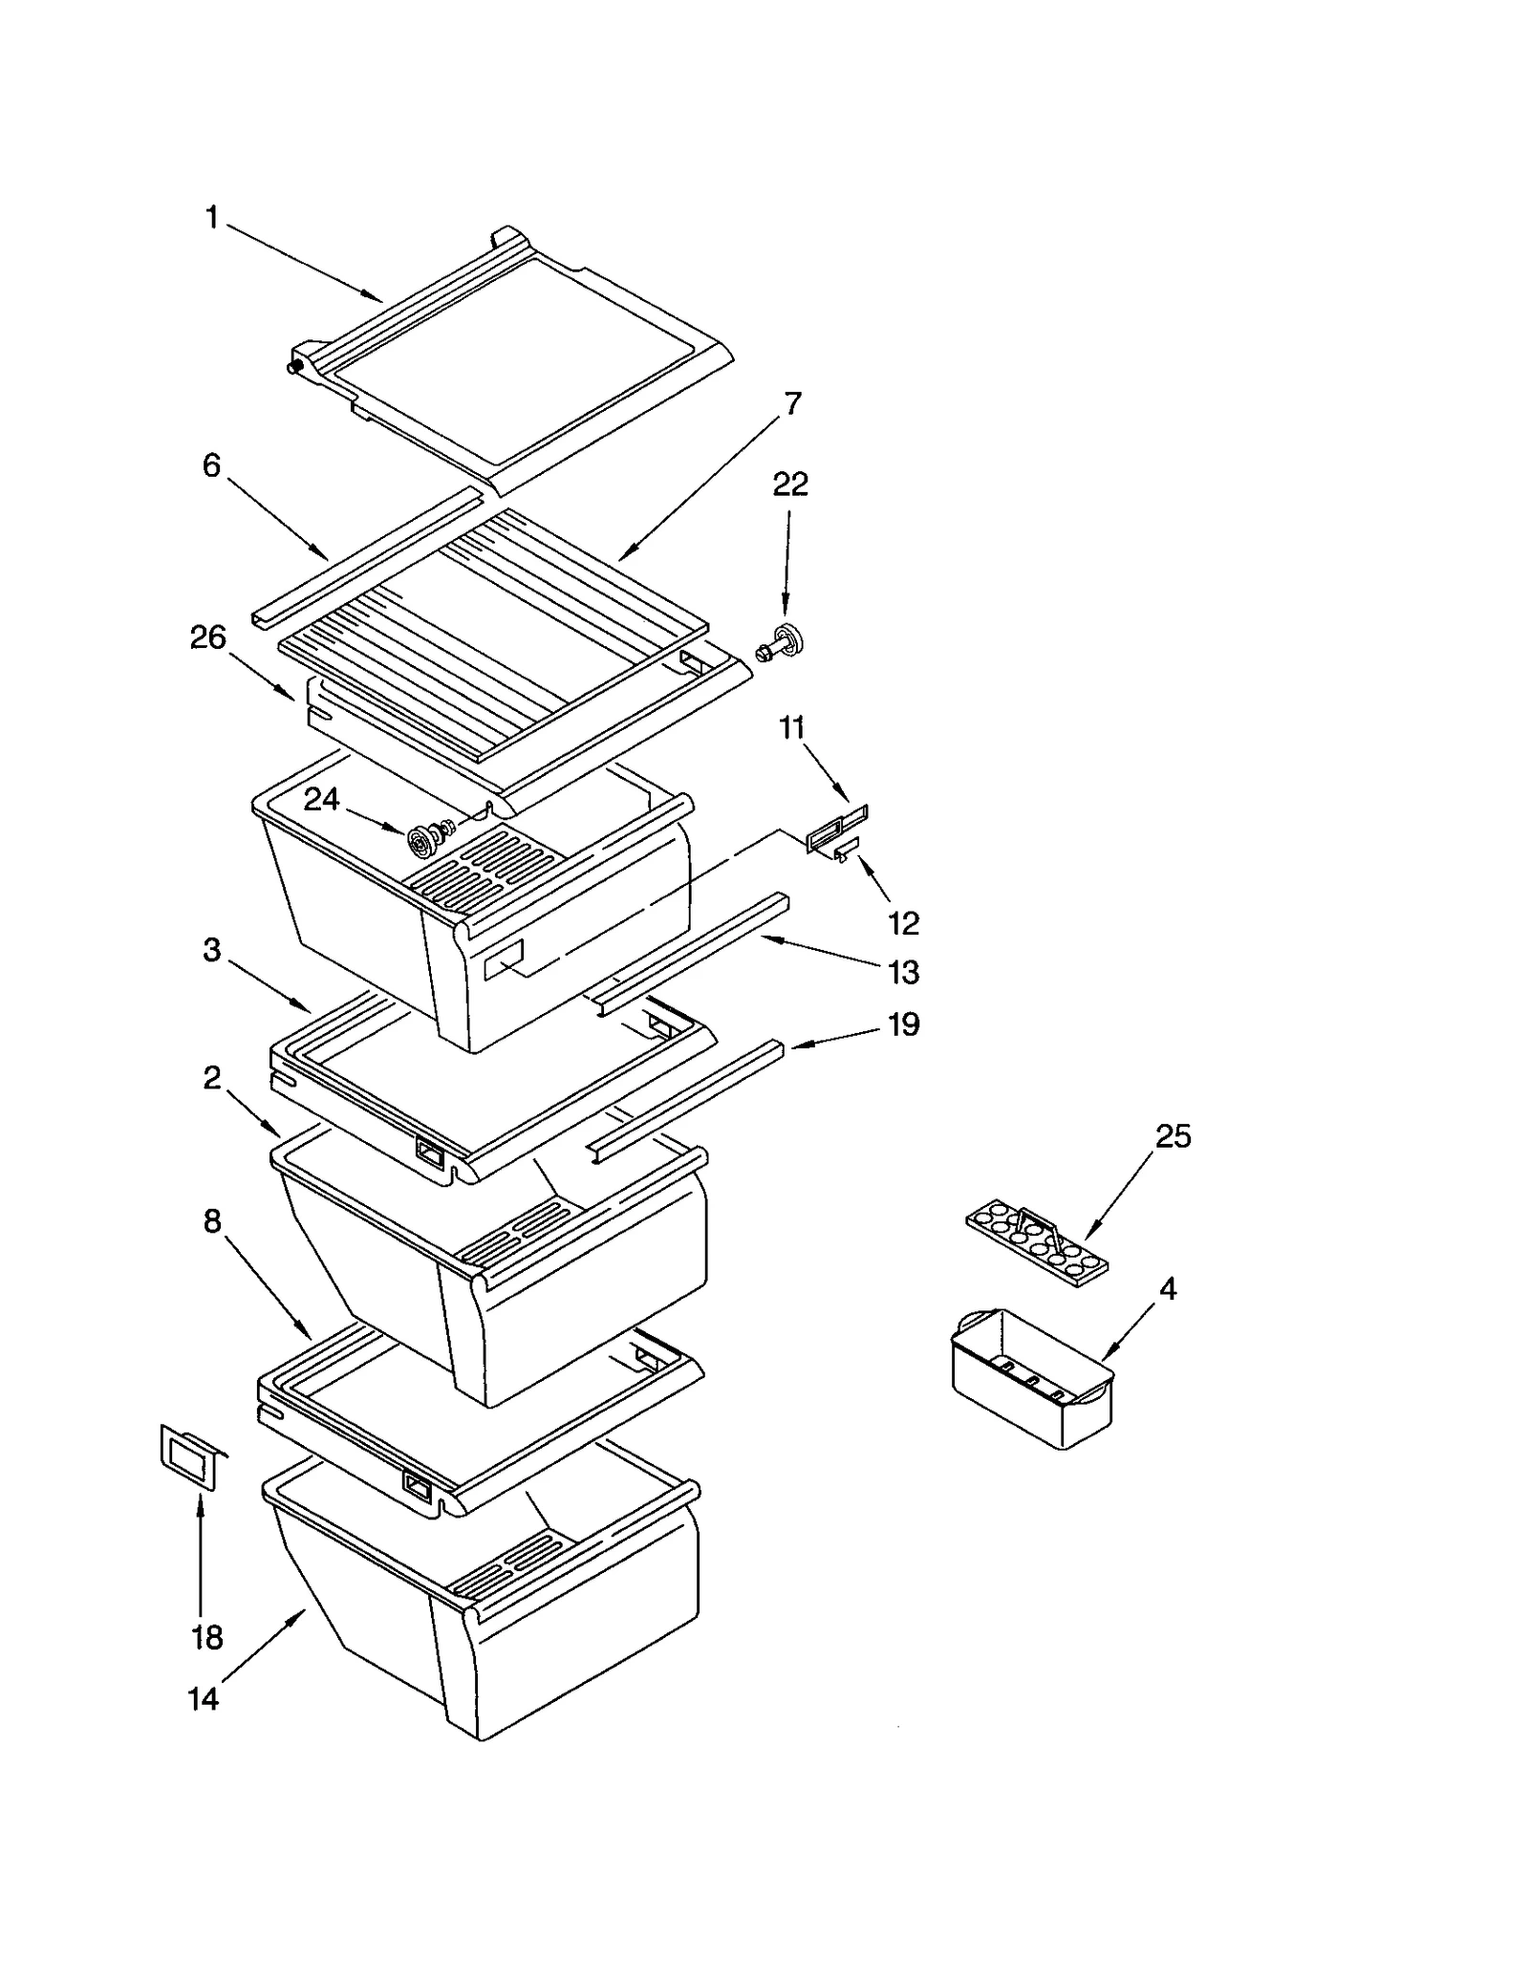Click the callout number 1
coord(212,219)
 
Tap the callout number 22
coord(789,485)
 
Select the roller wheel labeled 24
coord(420,841)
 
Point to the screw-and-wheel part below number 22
coord(781,641)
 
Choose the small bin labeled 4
coord(1032,1376)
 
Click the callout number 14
coord(203,1698)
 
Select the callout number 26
coord(207,637)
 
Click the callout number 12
coord(903,923)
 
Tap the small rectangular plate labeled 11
coord(837,826)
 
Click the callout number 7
coord(792,403)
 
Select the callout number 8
coord(212,1221)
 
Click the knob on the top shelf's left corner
coord(296,365)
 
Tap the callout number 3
coord(212,950)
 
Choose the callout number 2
coord(212,1078)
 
